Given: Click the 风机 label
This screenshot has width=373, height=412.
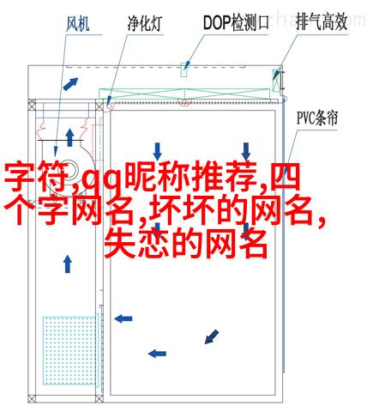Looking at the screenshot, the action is click(77, 23).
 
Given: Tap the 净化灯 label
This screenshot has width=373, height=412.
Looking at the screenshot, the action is click(144, 23).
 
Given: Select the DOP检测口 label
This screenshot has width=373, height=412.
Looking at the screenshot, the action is click(236, 22).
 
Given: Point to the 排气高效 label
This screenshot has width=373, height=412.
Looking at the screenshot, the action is click(322, 22).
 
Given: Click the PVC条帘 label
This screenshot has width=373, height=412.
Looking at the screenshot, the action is click(317, 118).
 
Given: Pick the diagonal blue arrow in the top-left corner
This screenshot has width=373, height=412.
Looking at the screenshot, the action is click(70, 84).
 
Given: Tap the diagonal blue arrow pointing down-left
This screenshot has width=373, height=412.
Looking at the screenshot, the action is click(212, 336).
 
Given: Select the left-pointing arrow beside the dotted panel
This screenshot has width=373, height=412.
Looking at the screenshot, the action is click(123, 318).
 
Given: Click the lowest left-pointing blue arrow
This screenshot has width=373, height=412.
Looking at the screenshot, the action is click(157, 354).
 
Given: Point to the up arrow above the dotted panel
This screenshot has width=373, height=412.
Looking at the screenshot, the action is click(68, 264).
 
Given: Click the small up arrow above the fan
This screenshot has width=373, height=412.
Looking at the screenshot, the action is click(69, 137).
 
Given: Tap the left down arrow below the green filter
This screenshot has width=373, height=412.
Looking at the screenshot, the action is click(157, 152).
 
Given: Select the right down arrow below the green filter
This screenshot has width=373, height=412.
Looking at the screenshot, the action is click(246, 152).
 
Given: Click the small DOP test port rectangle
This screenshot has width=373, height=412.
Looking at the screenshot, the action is click(183, 70).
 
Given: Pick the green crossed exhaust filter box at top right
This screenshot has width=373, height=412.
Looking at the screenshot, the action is click(276, 80).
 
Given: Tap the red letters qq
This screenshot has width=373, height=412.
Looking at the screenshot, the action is click(101, 180).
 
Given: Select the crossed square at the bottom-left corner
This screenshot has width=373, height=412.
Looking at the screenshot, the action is click(32, 398).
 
